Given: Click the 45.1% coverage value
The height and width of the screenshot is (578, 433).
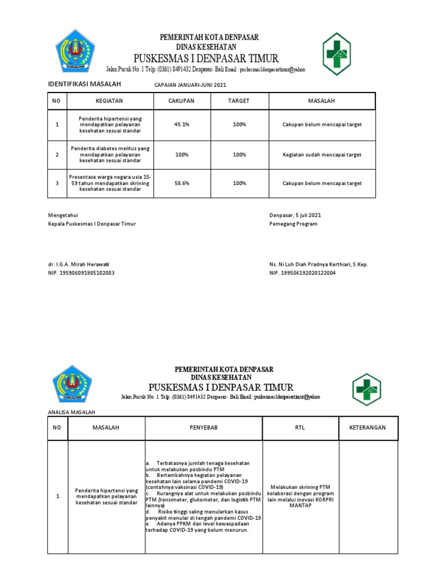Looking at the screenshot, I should pos(182,124).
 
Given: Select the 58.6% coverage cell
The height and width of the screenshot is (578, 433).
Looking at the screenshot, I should pos(182,183).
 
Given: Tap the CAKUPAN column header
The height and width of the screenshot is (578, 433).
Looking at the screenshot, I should pos(182,100).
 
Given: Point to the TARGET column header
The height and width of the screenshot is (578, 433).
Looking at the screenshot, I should pos(239,100).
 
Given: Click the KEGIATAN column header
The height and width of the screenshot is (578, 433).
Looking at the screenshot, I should pos(110,100).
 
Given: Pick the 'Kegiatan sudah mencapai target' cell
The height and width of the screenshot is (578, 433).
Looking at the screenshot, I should pos(322,154).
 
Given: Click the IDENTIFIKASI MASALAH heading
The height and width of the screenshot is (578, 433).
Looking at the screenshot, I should pos(83,85).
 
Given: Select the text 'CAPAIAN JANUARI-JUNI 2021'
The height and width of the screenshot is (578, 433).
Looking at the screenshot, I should pos(189,85).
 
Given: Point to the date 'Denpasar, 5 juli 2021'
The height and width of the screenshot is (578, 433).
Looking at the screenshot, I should pos(295,215).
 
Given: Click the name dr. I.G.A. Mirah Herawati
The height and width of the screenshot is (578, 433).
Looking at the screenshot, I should pos(79,265).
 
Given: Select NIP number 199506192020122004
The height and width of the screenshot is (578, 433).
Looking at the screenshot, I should pos(303,273).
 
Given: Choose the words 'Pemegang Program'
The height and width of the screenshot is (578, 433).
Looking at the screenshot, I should pos(293,224).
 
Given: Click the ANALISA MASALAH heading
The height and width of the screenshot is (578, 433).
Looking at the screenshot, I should pos(71,413).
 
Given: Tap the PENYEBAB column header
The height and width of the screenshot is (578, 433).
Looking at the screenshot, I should pos(204,428).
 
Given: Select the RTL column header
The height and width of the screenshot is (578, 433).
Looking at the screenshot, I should pos(300,428).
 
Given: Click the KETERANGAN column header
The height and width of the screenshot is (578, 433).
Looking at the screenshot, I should pos(368,428).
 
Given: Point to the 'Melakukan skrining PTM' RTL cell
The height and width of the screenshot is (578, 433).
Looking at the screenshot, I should pos(300,496).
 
